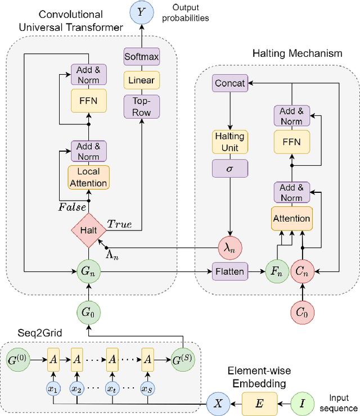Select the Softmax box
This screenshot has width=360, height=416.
tap(141, 57)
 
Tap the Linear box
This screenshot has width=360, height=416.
tap(141, 80)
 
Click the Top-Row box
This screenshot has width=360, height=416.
tap(141, 106)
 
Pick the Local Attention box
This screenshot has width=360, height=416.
tap(88, 177)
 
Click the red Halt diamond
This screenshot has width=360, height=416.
tap(88, 230)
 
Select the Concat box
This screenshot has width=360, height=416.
tap(230, 83)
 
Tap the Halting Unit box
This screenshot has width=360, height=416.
tap(229, 142)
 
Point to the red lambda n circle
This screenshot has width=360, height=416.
tap(229, 246)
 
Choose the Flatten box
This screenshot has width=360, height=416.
tap(229, 272)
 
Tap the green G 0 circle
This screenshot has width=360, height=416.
tap(88, 311)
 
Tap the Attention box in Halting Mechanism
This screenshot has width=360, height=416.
tap(291, 218)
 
